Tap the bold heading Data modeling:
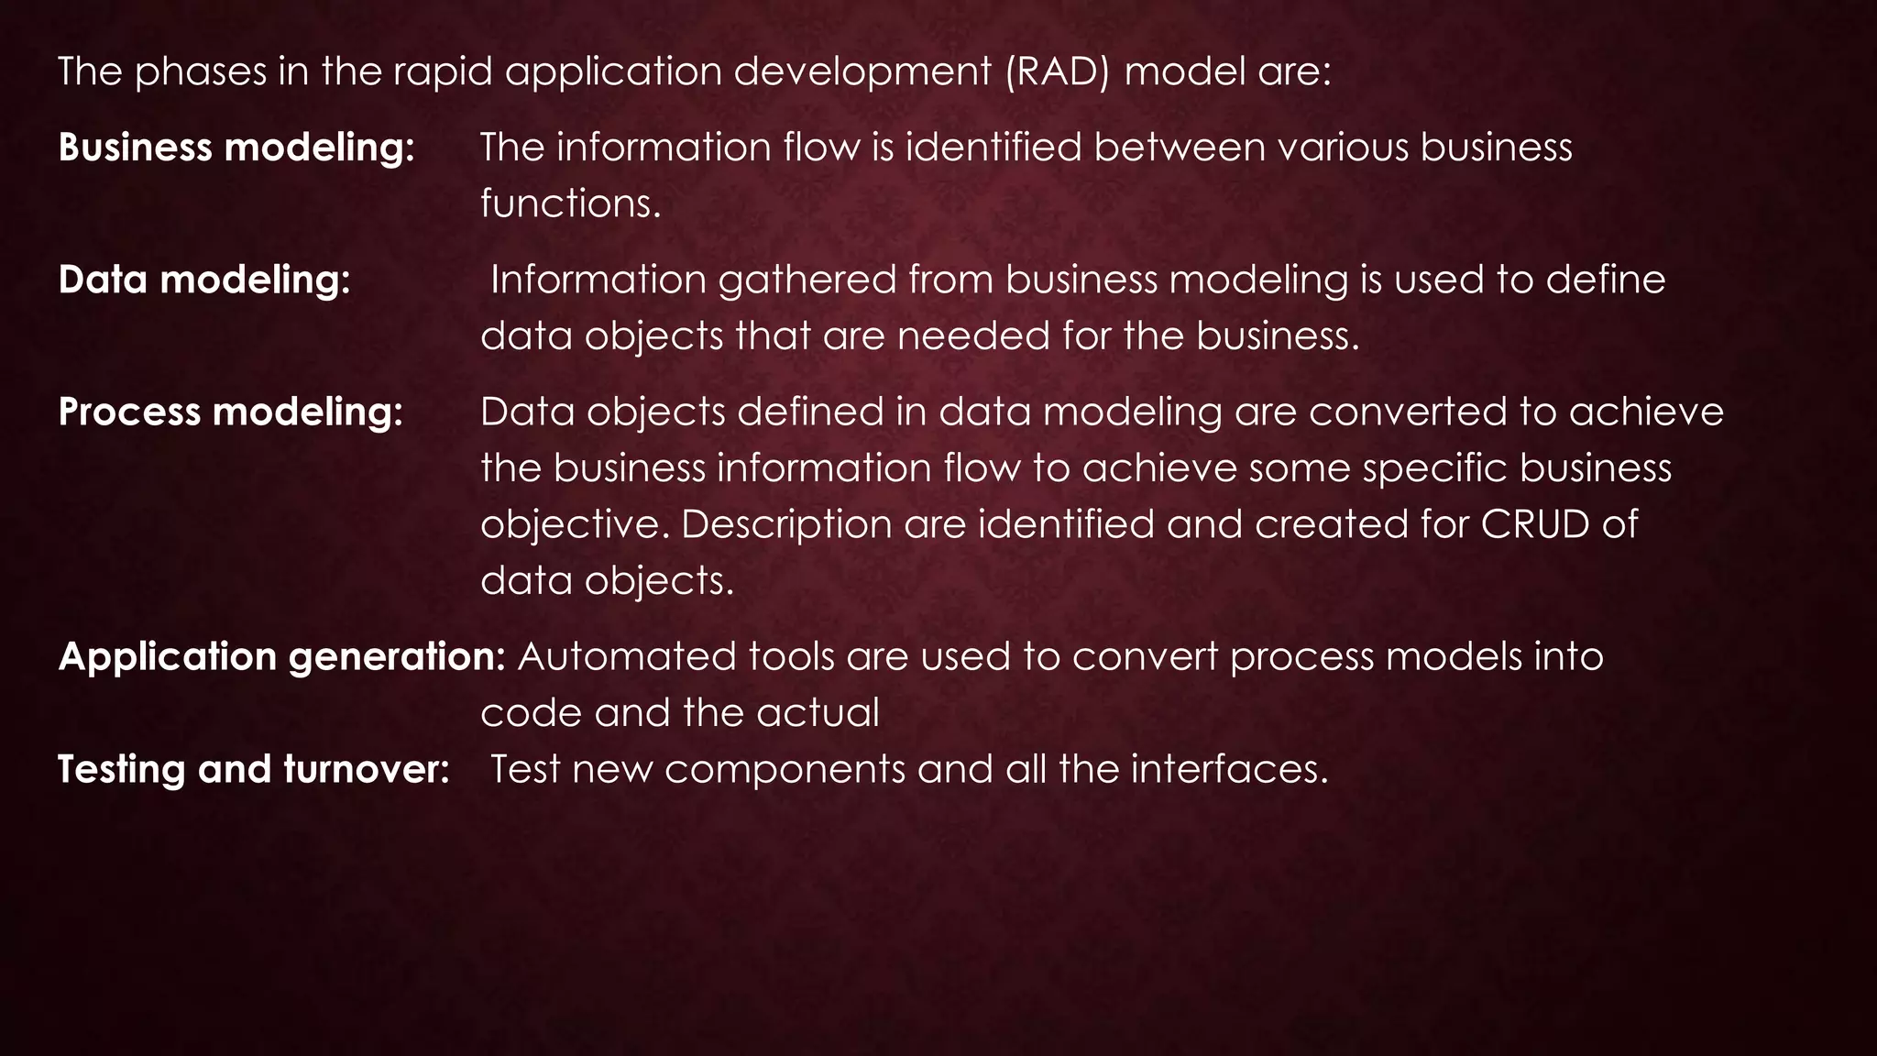(x=204, y=280)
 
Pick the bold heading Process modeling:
(x=231, y=412)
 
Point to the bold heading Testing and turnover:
(x=253, y=769)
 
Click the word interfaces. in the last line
(x=1229, y=769)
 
